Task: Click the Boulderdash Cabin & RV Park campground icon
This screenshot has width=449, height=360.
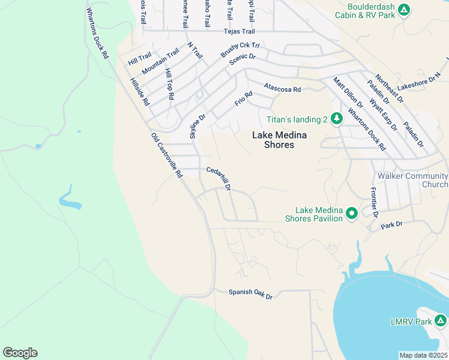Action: (405, 10)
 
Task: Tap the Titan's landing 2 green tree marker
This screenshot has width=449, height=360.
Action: (337, 119)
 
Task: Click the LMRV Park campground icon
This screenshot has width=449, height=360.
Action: (442, 322)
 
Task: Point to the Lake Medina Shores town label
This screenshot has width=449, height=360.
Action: (273, 140)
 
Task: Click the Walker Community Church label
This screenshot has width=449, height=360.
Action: (412, 180)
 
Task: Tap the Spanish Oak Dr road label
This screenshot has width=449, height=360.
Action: (250, 295)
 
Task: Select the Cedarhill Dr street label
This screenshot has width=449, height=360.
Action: (218, 179)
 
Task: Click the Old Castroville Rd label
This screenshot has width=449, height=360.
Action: (166, 155)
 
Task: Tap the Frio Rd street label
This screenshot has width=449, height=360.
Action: (243, 98)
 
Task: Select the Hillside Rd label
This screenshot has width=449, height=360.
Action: (139, 91)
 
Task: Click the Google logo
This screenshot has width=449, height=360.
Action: (20, 352)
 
